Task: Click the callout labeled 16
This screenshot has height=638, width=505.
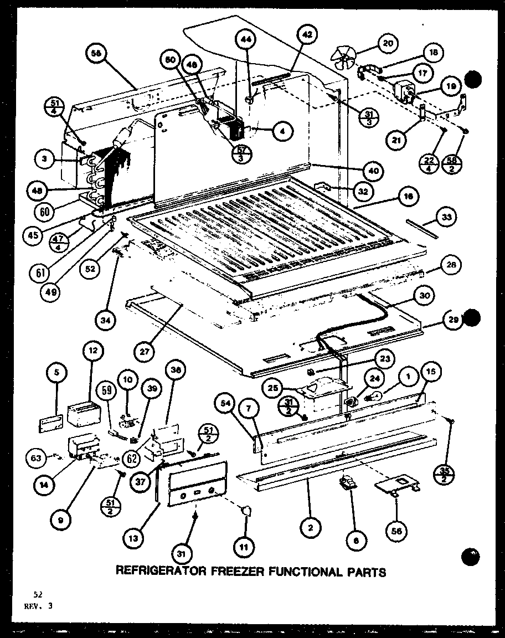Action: [408, 196]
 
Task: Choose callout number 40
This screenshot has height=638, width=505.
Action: [374, 171]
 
